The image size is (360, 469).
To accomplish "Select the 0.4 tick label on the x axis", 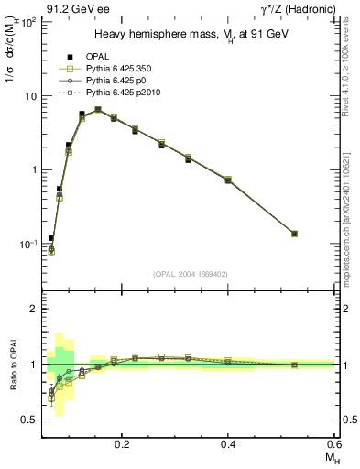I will pos(228,443).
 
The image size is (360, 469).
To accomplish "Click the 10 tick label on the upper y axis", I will pos(29,96).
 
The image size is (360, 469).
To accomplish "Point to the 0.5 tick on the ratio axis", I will pos(29,420).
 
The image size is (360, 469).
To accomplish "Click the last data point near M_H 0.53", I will pos(295,234).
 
